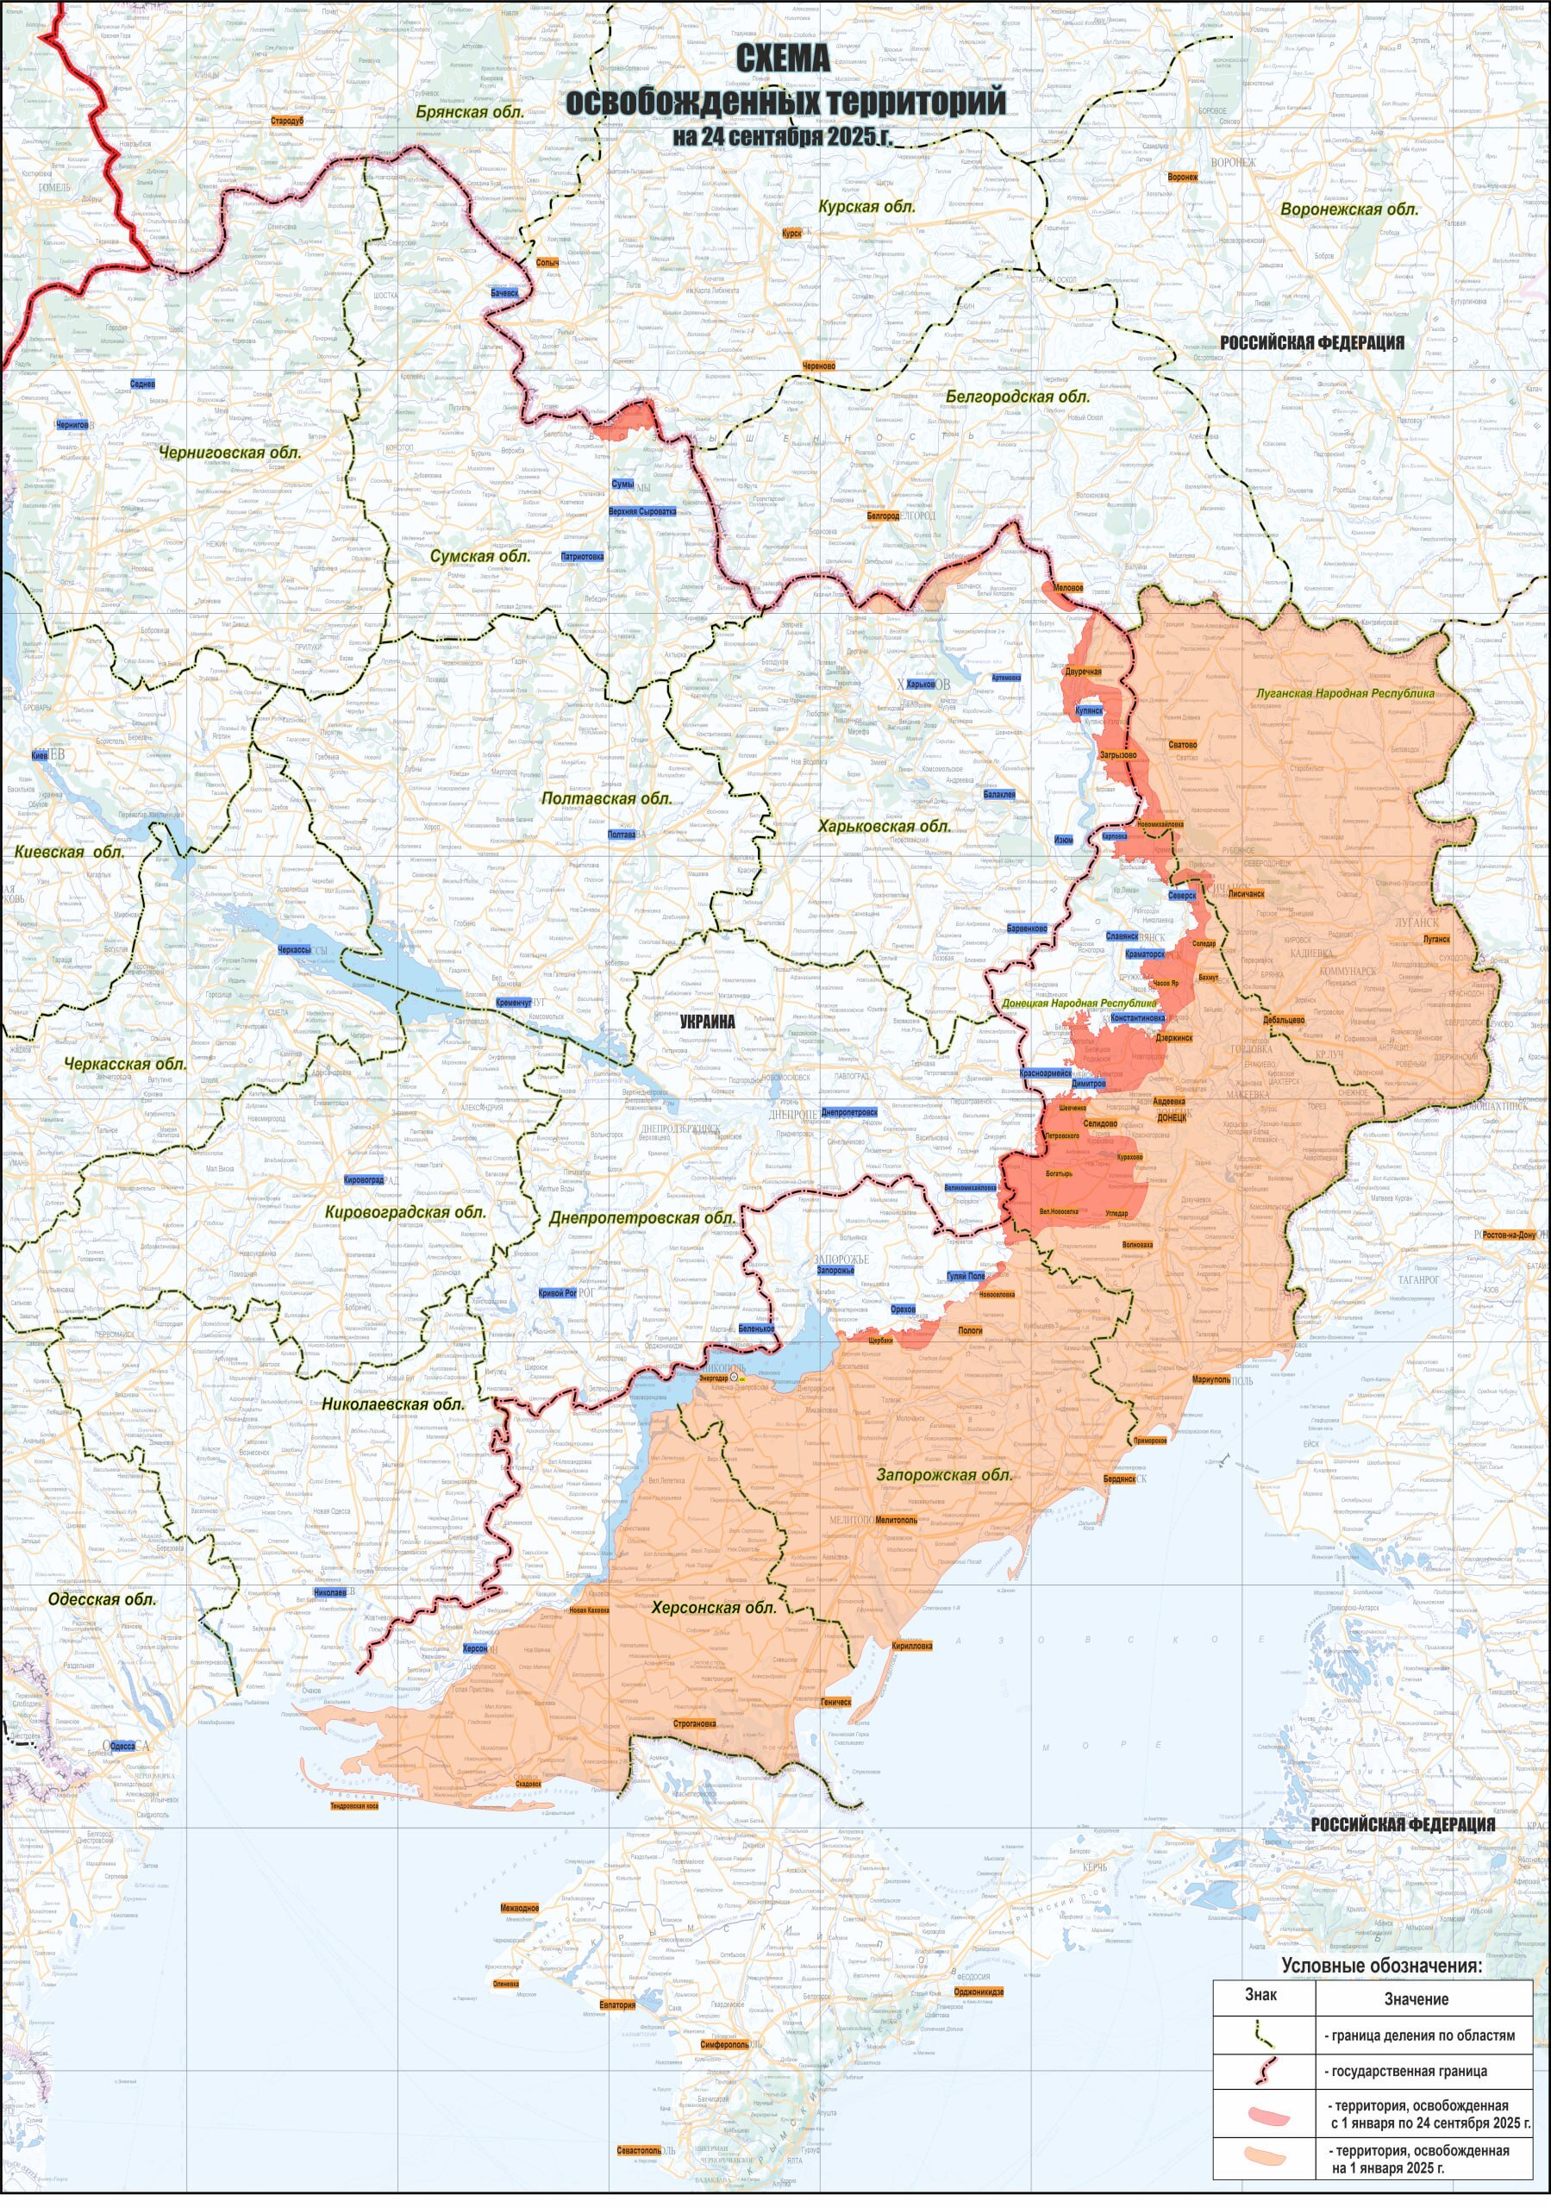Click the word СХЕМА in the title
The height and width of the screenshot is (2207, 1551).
783,59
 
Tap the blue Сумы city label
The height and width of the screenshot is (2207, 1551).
622,485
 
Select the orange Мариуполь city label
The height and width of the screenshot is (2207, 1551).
1210,1379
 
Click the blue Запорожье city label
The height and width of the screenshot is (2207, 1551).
835,1270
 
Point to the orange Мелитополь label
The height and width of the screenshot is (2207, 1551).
896,1520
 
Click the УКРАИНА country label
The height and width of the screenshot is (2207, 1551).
707,1022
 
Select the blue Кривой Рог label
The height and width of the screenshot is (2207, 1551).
558,1293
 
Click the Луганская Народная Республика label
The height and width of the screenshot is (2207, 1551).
1345,693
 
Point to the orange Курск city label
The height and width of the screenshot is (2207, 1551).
791,233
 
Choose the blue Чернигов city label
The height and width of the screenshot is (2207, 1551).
72,424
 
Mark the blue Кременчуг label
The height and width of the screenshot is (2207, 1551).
514,1003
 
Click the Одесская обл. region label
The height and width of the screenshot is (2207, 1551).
102,1599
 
